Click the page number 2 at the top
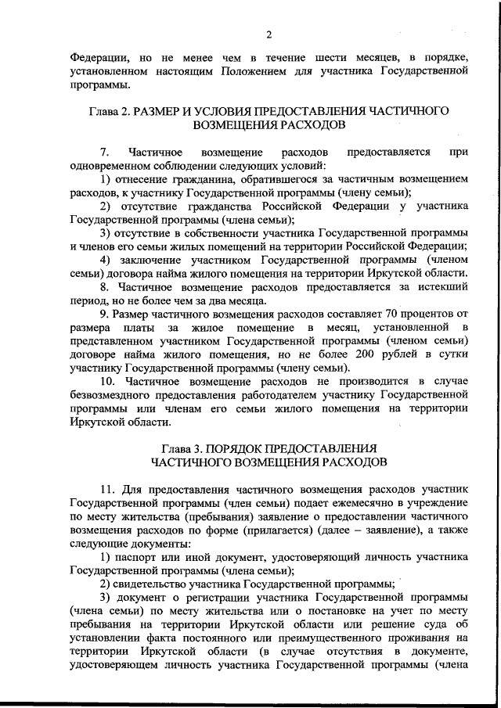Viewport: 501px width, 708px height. coord(268,34)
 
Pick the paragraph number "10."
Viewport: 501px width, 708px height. coord(108,381)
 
